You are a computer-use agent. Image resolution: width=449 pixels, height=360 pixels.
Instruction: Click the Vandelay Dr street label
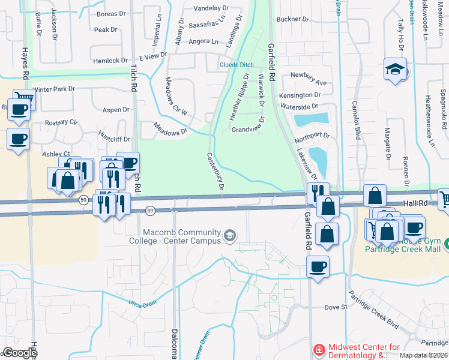(x=214, y=8)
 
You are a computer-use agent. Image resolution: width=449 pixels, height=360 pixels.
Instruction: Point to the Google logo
(x=20, y=353)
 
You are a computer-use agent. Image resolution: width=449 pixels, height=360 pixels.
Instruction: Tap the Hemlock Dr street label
(x=111, y=61)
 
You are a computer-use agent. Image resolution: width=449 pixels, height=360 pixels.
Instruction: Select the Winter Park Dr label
(x=54, y=89)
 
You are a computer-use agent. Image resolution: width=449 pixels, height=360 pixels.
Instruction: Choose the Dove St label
(x=336, y=307)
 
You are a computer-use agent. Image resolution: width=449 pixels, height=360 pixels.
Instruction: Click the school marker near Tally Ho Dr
(x=396, y=70)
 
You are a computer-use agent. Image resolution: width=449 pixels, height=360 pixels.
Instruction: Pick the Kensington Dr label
(x=300, y=95)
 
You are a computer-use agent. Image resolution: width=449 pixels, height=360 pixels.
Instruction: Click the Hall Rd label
(x=415, y=204)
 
